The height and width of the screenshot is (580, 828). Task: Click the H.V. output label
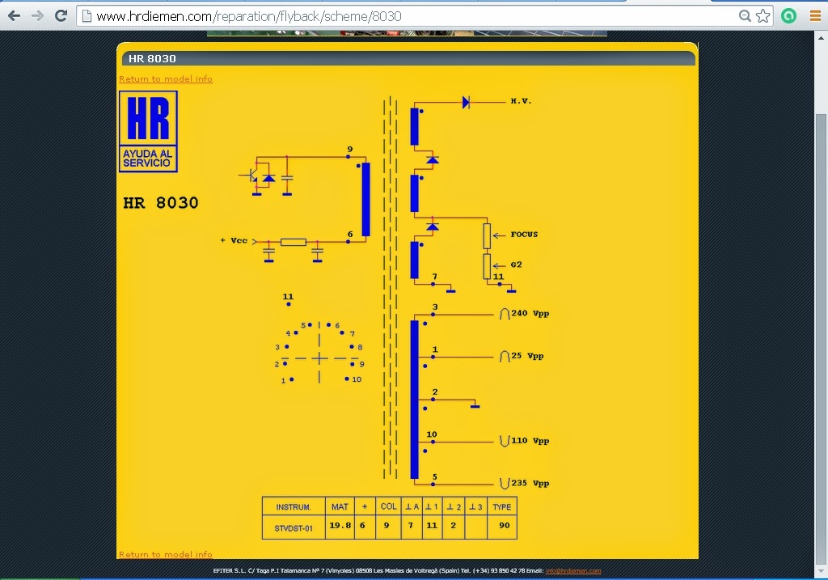pyautogui.click(x=520, y=101)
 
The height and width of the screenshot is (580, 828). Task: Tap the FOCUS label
pyautogui.click(x=524, y=235)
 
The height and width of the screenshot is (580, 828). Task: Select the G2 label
pyautogui.click(x=517, y=265)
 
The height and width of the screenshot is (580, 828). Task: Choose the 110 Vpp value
pyautogui.click(x=530, y=441)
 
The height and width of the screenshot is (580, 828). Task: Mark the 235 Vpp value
pyautogui.click(x=530, y=483)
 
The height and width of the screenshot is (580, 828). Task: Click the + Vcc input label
pyautogui.click(x=234, y=240)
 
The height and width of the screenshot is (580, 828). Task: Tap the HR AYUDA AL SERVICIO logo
pyautogui.click(x=148, y=131)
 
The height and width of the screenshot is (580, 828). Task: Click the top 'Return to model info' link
pyautogui.click(x=166, y=79)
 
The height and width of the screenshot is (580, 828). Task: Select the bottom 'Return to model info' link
pyautogui.click(x=166, y=554)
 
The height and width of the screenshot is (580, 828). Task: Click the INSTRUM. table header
pyautogui.click(x=294, y=507)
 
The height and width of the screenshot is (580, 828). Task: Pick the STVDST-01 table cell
pyautogui.click(x=294, y=527)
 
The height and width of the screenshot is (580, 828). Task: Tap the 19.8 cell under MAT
pyautogui.click(x=340, y=526)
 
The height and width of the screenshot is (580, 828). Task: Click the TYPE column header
pyautogui.click(x=502, y=507)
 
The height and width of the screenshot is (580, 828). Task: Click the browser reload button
pyautogui.click(x=61, y=16)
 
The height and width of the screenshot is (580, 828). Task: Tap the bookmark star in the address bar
pyautogui.click(x=763, y=16)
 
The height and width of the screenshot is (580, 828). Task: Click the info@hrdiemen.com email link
pyautogui.click(x=572, y=571)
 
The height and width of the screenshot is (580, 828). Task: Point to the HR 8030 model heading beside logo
pyautogui.click(x=161, y=202)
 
